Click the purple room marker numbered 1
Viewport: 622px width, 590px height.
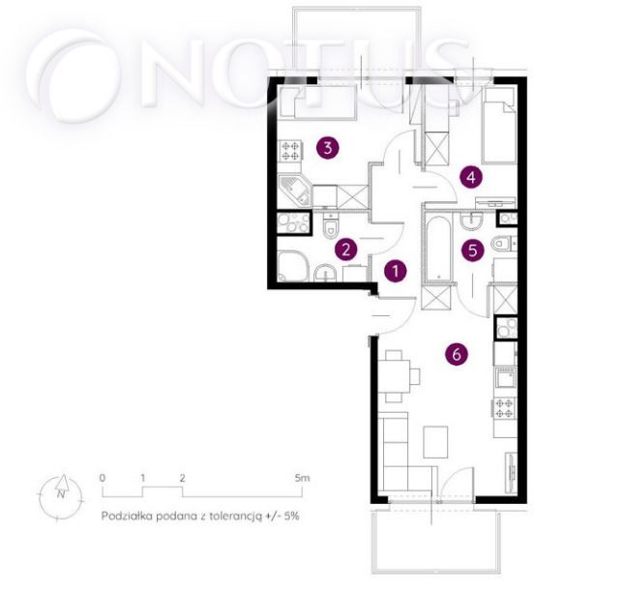(x=396, y=271)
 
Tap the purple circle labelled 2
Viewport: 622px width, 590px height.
(x=346, y=251)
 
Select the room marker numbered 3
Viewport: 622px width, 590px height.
(x=328, y=148)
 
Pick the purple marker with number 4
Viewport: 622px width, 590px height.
(x=471, y=177)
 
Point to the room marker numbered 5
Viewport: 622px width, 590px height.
(x=473, y=251)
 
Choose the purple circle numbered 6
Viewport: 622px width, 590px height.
(x=457, y=354)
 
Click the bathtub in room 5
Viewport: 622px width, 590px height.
(x=438, y=250)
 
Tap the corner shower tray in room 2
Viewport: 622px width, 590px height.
(x=293, y=266)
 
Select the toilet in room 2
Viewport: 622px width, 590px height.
(x=331, y=226)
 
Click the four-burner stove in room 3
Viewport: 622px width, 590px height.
(x=290, y=151)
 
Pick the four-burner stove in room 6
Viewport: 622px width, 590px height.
(x=504, y=408)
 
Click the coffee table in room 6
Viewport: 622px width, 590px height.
(x=435, y=442)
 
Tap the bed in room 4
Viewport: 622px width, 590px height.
(x=499, y=126)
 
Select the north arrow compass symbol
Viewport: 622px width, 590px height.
(x=61, y=496)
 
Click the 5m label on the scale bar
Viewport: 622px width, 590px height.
(x=302, y=478)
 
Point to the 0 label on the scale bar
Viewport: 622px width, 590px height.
(x=103, y=478)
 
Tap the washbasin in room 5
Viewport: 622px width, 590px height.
(x=471, y=221)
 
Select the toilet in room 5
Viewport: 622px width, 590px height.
(x=503, y=244)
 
